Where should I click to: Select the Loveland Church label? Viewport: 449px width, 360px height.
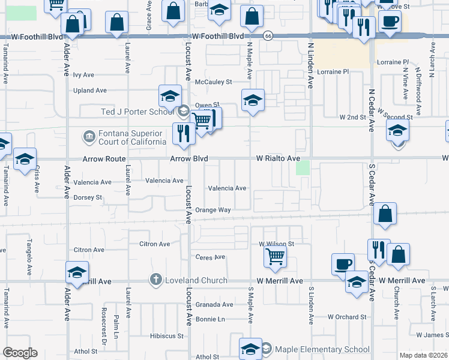(196, 280)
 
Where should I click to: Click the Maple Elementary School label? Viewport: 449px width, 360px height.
(322, 349)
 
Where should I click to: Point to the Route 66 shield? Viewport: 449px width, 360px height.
(268, 36)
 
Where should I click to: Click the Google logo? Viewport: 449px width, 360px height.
(19, 353)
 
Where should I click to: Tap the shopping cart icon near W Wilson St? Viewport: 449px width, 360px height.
(275, 257)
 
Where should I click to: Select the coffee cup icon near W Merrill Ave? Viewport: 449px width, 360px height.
(343, 264)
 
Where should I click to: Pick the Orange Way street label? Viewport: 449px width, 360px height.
(212, 210)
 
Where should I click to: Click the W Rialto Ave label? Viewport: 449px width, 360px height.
(278, 158)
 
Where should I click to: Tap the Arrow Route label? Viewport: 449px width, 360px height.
(105, 159)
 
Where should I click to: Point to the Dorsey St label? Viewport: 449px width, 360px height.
(88, 197)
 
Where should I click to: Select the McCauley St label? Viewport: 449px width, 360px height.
(217, 82)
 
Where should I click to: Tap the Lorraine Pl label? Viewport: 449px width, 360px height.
(392, 62)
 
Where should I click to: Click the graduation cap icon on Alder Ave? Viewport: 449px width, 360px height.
(77, 272)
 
